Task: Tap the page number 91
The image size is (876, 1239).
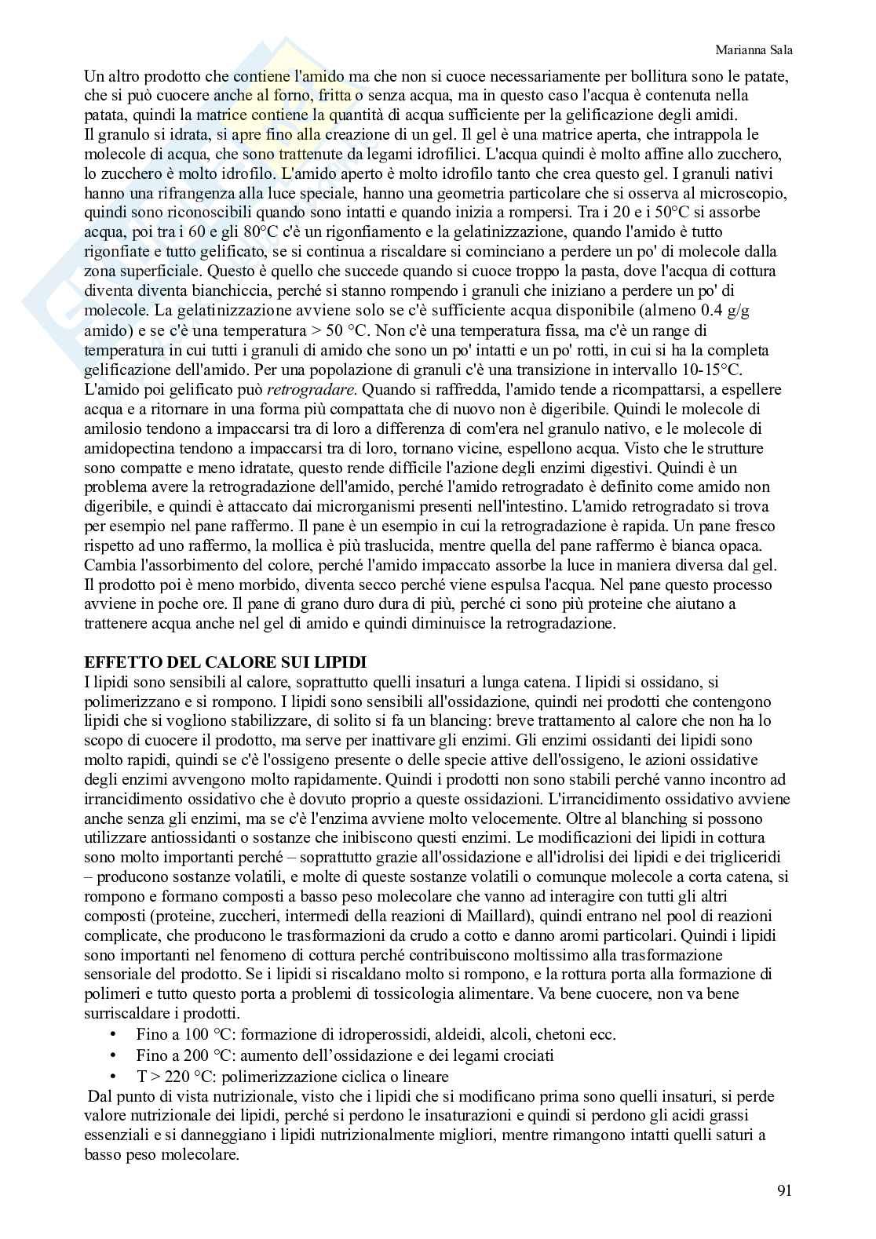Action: click(x=783, y=1191)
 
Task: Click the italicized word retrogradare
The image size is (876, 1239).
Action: click(x=312, y=389)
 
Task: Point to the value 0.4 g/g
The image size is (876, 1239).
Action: click(x=722, y=311)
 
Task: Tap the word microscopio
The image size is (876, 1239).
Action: click(x=750, y=193)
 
